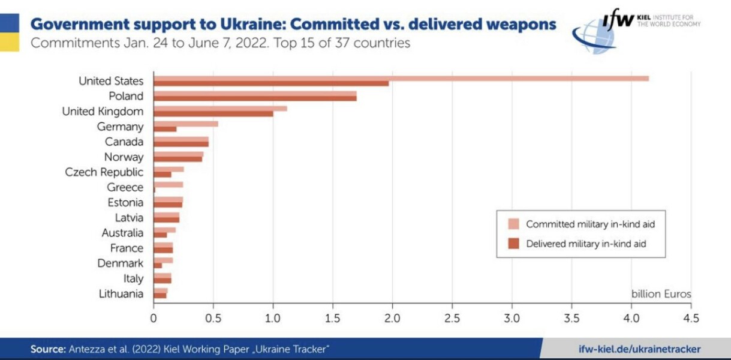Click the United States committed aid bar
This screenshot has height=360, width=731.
click(401, 78)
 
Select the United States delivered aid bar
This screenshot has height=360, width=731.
click(271, 83)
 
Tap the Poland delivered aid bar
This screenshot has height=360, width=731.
click(255, 98)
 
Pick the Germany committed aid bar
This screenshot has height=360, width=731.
click(186, 124)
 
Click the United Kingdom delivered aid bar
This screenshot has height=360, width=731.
click(213, 113)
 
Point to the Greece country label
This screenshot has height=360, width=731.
click(125, 187)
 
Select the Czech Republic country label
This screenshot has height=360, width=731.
click(104, 172)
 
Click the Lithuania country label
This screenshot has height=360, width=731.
click(121, 294)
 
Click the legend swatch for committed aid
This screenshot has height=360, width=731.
click(513, 224)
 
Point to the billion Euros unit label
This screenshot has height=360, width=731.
click(661, 294)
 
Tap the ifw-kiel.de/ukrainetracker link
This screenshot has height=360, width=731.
click(639, 349)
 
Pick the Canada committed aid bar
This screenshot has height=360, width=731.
click(181, 139)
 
